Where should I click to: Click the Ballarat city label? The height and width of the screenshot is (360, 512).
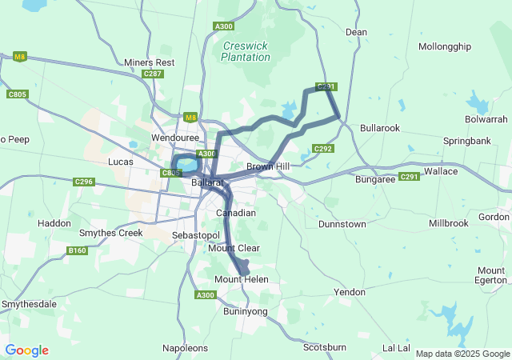tap(206, 182)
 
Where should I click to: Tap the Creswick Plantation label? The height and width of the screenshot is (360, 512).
tap(246, 52)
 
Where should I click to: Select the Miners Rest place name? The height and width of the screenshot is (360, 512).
tap(150, 62)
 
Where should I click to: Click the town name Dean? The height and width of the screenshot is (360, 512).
tap(356, 32)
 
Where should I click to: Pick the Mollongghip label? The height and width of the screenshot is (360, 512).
tap(444, 46)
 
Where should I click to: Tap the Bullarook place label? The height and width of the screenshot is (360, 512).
tap(380, 128)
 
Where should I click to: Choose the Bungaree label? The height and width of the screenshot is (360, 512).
tap(376, 179)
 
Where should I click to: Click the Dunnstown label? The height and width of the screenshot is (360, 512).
tap(342, 225)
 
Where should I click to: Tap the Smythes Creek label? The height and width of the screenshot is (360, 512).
tap(110, 233)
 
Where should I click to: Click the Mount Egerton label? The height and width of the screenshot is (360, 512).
tap(490, 275)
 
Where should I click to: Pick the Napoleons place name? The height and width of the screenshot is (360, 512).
tap(185, 348)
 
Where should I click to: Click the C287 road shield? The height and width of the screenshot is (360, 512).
tap(153, 74)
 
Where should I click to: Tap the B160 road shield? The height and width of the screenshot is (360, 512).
tap(77, 250)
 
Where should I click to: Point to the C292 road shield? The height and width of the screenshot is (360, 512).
tap(323, 149)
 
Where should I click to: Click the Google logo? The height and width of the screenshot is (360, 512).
tap(26, 350)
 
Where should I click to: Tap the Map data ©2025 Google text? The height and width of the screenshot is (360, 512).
tap(462, 354)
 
